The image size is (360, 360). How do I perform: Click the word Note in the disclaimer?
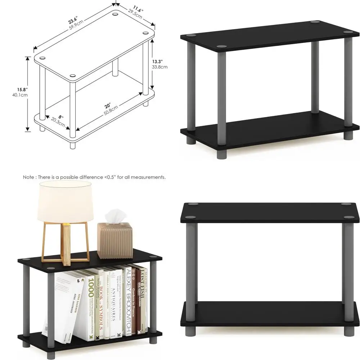click(29, 177)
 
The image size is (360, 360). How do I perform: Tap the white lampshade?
click(65, 202)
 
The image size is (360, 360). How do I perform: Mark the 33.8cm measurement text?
click(159, 67)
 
